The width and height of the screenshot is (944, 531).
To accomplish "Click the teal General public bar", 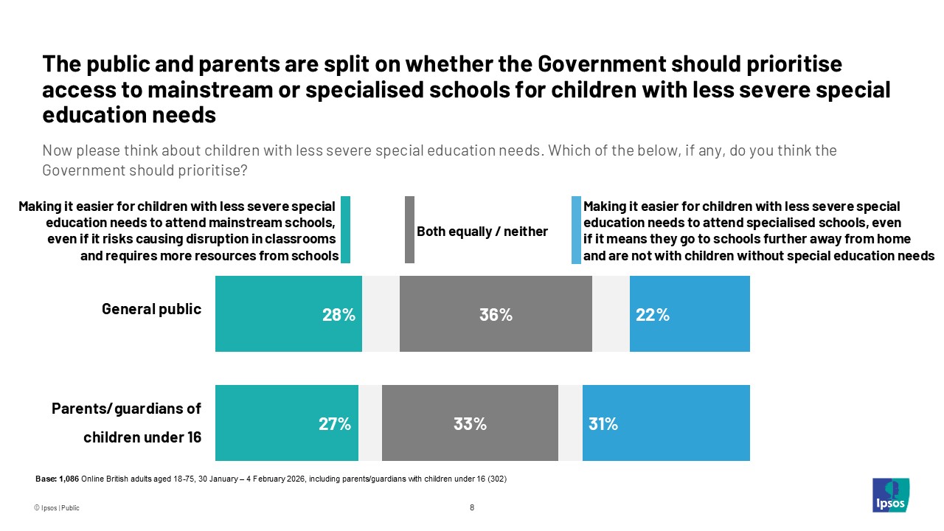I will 288,313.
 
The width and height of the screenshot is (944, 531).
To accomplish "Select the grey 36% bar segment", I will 496,313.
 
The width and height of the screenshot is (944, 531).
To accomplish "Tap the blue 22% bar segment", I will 690,313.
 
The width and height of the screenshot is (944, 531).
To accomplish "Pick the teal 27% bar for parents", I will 286,423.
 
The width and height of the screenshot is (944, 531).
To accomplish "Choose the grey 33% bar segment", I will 470,423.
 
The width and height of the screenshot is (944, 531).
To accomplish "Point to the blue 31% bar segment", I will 666,423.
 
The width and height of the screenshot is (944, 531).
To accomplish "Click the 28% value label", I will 339,315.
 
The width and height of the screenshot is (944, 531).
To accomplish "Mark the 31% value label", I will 603,424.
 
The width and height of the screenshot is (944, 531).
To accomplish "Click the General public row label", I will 151,309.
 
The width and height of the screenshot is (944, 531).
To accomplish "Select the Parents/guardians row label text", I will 126,422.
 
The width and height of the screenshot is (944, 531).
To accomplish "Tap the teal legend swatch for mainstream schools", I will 345,229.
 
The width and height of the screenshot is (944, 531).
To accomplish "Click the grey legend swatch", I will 409,229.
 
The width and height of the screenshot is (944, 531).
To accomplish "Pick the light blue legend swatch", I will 576,229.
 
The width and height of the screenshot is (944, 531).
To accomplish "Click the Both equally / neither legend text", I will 482,232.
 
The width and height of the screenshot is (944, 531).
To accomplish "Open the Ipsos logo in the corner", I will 890,495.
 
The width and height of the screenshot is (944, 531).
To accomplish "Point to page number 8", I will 472,507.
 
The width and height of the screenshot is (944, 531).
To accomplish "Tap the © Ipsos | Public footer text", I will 56,508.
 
